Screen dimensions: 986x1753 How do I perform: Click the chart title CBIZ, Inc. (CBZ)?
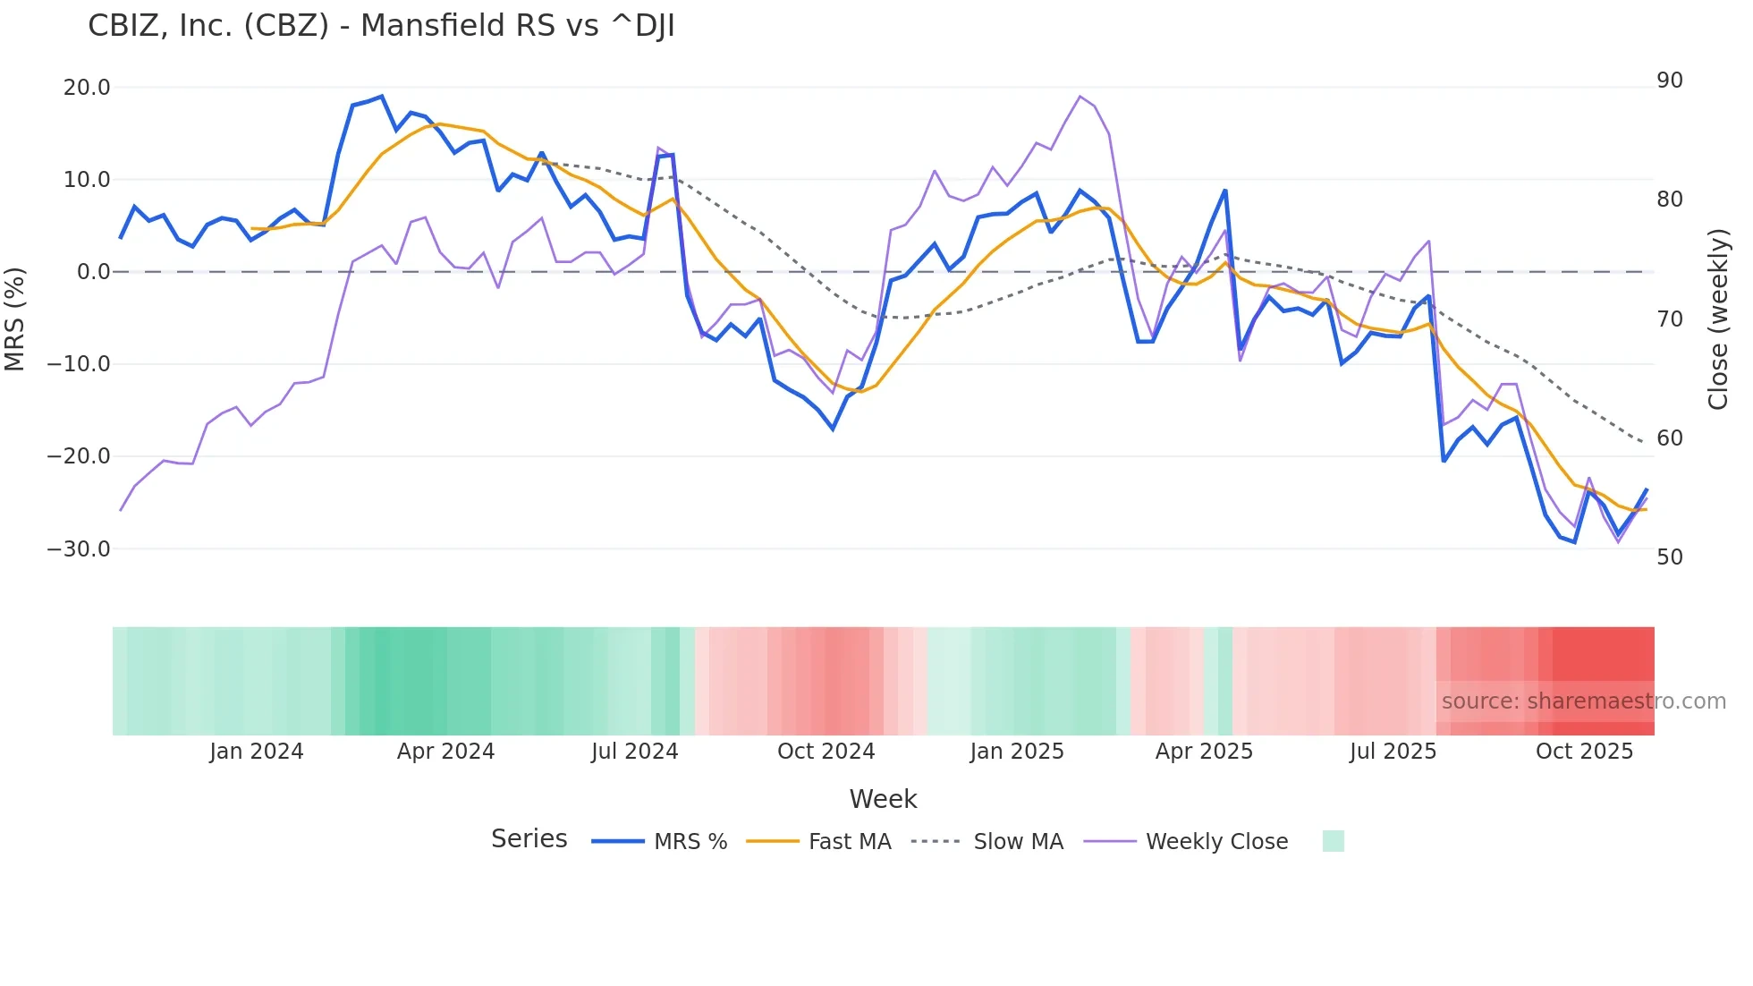381,26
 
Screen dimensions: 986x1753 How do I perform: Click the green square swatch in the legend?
1333,841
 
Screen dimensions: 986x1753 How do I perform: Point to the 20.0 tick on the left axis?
87,88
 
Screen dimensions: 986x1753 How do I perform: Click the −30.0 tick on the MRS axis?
79,549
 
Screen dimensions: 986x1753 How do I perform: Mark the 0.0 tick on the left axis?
93,272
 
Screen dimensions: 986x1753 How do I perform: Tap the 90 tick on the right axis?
1670,81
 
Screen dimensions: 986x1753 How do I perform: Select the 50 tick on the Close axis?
1670,557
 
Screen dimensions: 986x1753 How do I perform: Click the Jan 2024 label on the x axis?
257,752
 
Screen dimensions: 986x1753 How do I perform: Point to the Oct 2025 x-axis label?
1584,752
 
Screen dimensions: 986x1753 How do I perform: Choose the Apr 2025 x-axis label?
1204,752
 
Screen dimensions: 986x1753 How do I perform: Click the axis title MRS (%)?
15,319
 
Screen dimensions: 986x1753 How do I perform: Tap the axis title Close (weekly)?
1718,319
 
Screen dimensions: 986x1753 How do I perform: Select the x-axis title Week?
883,799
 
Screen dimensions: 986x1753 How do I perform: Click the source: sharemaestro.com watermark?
1583,701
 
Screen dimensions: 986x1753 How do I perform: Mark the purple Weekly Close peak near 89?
1080,97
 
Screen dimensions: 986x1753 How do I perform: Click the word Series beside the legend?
529,839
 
